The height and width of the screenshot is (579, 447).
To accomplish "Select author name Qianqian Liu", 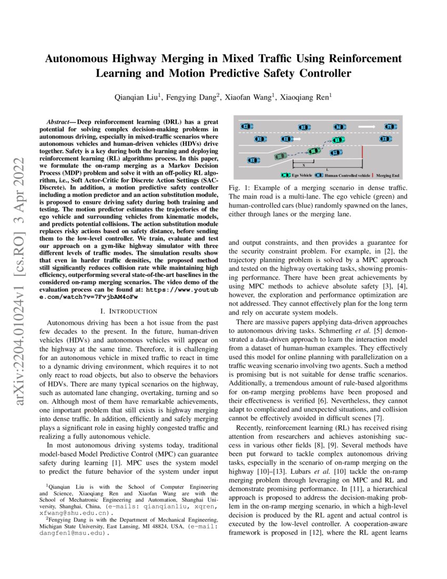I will click(x=138, y=97).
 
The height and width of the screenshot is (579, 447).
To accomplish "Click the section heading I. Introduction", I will click(x=131, y=311).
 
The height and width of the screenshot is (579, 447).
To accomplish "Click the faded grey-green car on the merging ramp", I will click(x=281, y=156).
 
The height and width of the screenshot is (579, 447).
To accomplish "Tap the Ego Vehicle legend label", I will click(x=302, y=175).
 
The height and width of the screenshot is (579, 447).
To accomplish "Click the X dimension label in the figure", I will click(x=303, y=165).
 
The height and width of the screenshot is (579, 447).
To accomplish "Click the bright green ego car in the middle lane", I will click(x=339, y=140).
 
